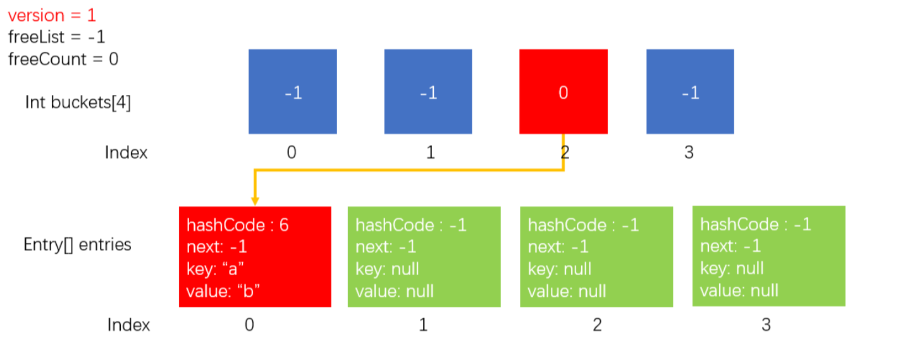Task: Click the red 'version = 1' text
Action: pos(52,16)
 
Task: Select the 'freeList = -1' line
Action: pos(56,37)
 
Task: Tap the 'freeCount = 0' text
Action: pos(63,59)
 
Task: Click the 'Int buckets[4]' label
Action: pos(78,102)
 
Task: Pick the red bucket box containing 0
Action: pos(563,92)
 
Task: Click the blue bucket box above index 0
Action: pos(293,92)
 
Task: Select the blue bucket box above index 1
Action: pos(428,92)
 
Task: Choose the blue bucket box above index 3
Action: pos(690,92)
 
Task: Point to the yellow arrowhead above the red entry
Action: pos(255,201)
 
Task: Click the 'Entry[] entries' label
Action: pos(77,245)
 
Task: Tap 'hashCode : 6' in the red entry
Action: pos(238,225)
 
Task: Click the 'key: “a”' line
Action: pos(215,269)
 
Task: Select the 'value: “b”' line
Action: pos(223,291)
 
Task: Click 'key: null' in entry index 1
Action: pos(387,269)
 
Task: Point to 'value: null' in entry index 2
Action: pos(567,291)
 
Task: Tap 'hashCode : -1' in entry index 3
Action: pos(756,224)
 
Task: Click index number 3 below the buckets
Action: pos(689,152)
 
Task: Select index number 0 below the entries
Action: pos(249,325)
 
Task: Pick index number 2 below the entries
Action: pos(597,325)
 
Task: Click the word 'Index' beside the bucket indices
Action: pos(126,152)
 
